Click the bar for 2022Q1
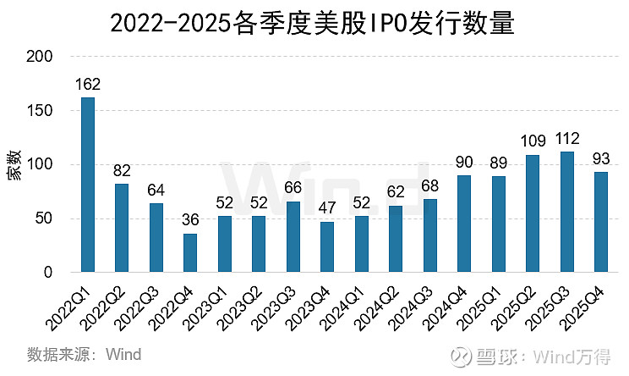pos(88,185)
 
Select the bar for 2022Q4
pos(190,252)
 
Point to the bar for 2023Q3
pos(293,236)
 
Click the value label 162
pos(88,86)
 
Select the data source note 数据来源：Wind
pos(84,353)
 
